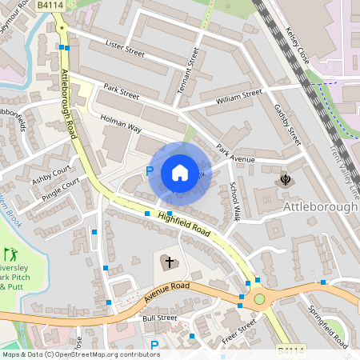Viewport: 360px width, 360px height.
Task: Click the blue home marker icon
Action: pos(180,173)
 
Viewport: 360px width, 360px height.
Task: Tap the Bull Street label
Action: pos(159,318)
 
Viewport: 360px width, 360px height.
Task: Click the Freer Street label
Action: pos(239,332)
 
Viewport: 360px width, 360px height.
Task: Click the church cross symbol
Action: pos(166,262)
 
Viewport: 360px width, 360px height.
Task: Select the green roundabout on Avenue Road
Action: pos(259,299)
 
